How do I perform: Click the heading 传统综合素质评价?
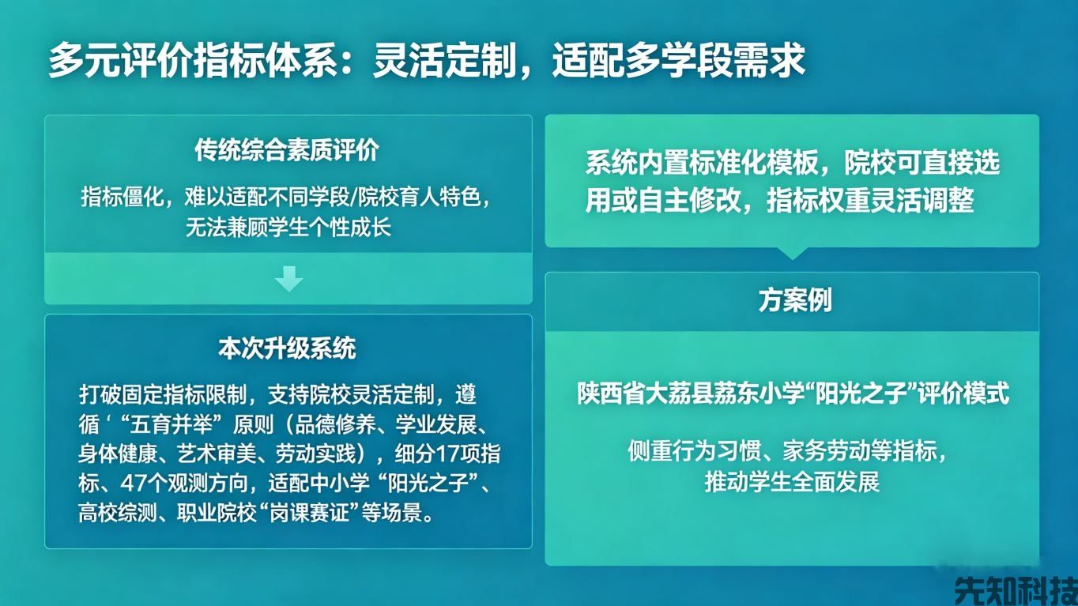click(x=287, y=151)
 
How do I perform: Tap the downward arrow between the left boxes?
click(x=288, y=278)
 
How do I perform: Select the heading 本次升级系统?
click(x=287, y=348)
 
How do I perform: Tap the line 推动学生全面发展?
click(x=792, y=482)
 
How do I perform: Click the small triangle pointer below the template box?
click(x=791, y=253)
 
